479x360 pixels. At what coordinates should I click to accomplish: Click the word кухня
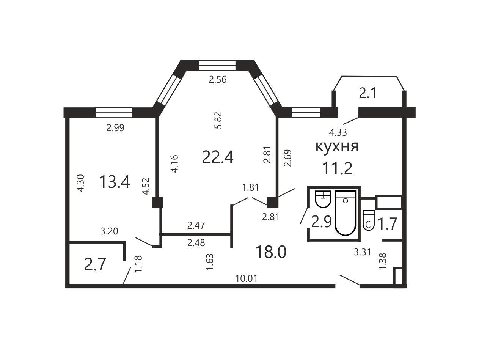pyautogui.click(x=337, y=147)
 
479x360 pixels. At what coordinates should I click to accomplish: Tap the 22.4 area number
pyautogui.click(x=218, y=157)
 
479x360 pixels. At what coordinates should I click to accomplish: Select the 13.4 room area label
pyautogui.click(x=115, y=182)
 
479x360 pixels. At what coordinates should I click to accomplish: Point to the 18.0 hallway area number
pyautogui.click(x=271, y=252)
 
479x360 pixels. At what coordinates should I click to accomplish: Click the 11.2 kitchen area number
pyautogui.click(x=337, y=169)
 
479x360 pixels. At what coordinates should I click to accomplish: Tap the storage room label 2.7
pyautogui.click(x=95, y=265)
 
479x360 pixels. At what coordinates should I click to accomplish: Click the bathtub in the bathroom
pyautogui.click(x=345, y=213)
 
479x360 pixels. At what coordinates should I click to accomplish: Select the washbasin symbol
pyautogui.click(x=323, y=199)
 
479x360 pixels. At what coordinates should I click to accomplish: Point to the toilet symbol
pyautogui.click(x=369, y=220)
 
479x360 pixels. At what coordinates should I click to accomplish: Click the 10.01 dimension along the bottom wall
pyautogui.click(x=247, y=278)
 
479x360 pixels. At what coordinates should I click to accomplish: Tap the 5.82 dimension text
pyautogui.click(x=218, y=120)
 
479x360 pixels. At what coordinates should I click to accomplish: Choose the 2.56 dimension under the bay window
pyautogui.click(x=218, y=80)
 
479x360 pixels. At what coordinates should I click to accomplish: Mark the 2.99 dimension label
pyautogui.click(x=115, y=127)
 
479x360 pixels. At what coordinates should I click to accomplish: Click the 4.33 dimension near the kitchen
pyautogui.click(x=338, y=132)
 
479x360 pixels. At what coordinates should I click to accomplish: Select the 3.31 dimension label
pyautogui.click(x=362, y=252)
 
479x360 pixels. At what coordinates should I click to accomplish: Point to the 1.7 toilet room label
pyautogui.click(x=387, y=224)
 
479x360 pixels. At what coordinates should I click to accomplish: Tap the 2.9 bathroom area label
pyautogui.click(x=322, y=222)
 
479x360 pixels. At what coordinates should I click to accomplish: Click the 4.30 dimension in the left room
pyautogui.click(x=80, y=183)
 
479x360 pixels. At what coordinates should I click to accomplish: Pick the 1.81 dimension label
pyautogui.click(x=251, y=187)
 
